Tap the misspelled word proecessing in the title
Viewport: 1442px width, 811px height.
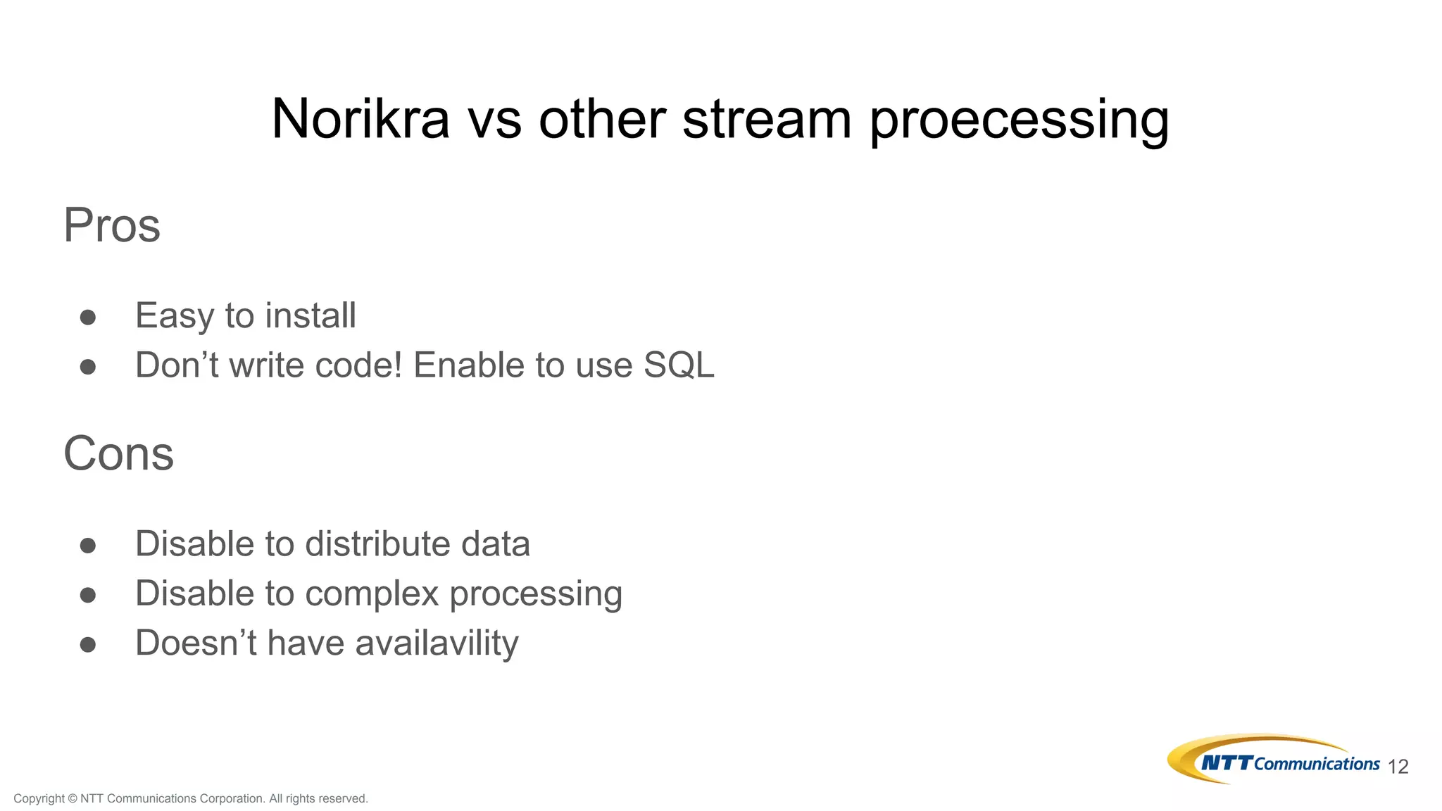[1019, 121]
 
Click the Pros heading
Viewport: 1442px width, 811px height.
[112, 225]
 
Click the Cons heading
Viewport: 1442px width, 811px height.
[118, 453]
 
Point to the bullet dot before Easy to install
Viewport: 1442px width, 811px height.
[88, 318]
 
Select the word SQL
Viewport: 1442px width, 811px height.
[679, 365]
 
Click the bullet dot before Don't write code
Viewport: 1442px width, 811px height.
[88, 367]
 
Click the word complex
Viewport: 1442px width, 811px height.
[372, 593]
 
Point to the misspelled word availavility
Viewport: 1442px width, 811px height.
[437, 643]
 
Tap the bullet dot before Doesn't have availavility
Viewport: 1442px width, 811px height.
[88, 645]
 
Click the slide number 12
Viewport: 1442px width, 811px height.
[1398, 767]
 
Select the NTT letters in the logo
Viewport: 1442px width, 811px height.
[1227, 763]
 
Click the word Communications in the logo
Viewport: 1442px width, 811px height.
[1317, 764]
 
